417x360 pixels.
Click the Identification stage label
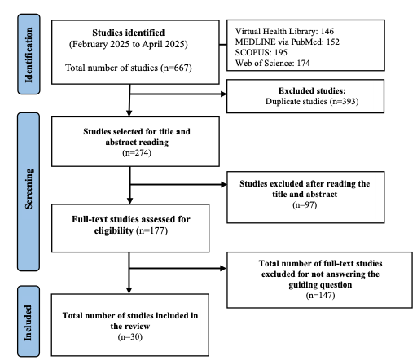(x=29, y=55)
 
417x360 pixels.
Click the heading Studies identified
(x=129, y=33)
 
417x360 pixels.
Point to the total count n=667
(x=177, y=68)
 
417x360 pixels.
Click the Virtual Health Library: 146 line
(x=284, y=31)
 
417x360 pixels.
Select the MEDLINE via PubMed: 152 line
(x=288, y=42)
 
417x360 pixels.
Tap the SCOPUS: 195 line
(x=261, y=52)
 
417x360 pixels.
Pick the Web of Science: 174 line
(x=273, y=63)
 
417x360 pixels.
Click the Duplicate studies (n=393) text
(x=312, y=101)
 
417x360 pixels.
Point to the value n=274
(x=137, y=153)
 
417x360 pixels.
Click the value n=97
(x=305, y=204)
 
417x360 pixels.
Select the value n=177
(x=152, y=230)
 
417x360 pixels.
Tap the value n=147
(x=320, y=295)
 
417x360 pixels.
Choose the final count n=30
(x=130, y=337)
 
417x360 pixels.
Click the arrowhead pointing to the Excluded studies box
(x=224, y=94)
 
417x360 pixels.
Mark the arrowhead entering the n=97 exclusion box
(x=224, y=185)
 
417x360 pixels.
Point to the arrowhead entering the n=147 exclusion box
(x=224, y=269)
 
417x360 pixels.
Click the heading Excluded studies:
(x=312, y=90)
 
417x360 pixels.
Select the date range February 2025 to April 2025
(x=129, y=44)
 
